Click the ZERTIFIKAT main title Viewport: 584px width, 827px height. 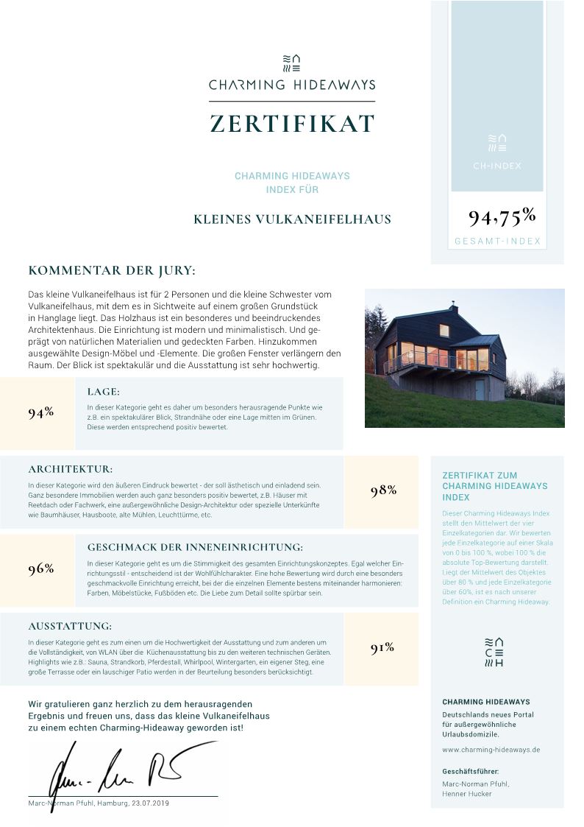292,123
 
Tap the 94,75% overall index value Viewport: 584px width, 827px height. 502,217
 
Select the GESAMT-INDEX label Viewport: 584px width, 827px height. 497,241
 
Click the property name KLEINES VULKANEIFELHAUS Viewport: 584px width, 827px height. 292,219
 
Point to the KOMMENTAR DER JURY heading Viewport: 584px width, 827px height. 112,270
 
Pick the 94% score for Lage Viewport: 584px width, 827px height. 41,412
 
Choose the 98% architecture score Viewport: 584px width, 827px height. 383,490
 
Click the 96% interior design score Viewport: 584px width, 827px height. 41,569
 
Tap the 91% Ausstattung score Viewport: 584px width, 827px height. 382,648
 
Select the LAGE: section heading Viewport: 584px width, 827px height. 103,392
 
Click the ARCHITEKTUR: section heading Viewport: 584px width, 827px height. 71,468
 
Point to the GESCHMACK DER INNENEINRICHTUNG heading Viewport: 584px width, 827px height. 195,547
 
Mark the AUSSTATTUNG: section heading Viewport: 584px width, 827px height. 70,626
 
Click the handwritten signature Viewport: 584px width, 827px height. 118,770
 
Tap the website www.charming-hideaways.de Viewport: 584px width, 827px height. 491,749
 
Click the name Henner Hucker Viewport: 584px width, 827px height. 467,794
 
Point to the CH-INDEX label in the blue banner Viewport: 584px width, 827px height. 497,166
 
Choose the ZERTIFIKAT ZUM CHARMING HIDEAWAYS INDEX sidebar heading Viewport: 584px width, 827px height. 494,486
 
